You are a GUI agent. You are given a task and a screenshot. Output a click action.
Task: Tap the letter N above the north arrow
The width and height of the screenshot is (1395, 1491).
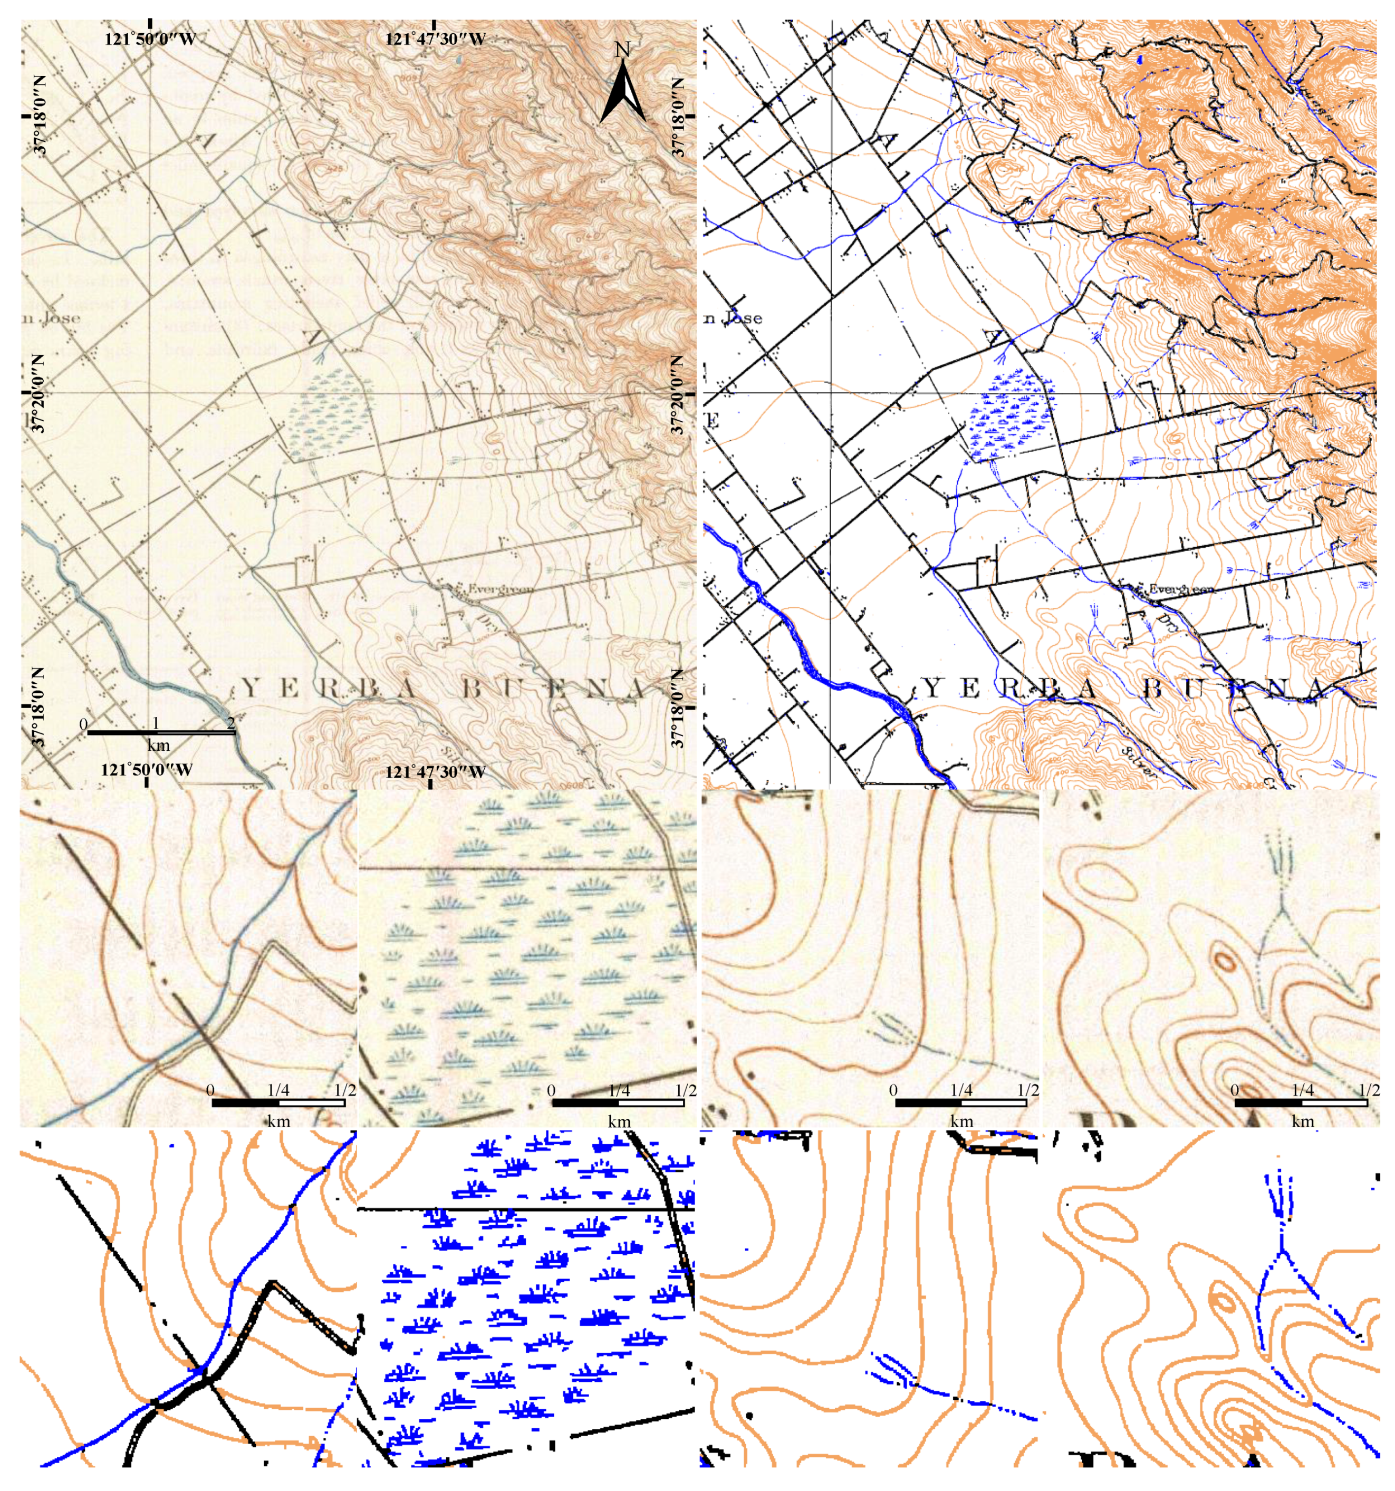pos(622,50)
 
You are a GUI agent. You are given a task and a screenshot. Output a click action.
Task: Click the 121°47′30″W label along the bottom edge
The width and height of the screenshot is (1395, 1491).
pos(435,771)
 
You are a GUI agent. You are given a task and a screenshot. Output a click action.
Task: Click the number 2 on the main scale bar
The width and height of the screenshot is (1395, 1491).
pos(231,722)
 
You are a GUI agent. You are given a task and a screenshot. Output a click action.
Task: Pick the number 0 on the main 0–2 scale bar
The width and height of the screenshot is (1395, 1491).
pos(84,723)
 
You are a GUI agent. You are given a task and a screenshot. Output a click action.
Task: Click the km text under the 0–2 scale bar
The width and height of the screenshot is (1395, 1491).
pos(158,745)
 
